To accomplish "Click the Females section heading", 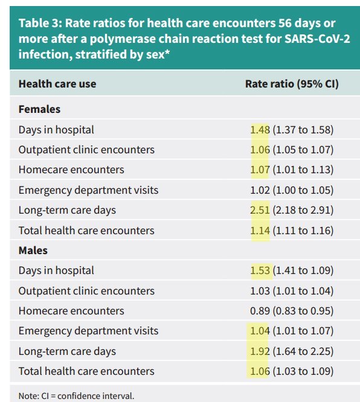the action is pyautogui.click(x=39, y=109).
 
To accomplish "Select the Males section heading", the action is pyautogui.click(x=33, y=250).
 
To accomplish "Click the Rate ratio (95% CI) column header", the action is pyautogui.click(x=292, y=84).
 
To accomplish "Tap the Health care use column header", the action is pyautogui.click(x=57, y=84).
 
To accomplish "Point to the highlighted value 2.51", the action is pyautogui.click(x=260, y=210).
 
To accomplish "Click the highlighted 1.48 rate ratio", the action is pyautogui.click(x=260, y=130).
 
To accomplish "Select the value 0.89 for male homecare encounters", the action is pyautogui.click(x=260, y=311).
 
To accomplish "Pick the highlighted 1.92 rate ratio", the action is pyautogui.click(x=260, y=351).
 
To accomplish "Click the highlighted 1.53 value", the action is pyautogui.click(x=260, y=271).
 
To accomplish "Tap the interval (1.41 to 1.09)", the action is pyautogui.click(x=303, y=271).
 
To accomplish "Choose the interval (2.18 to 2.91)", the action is pyautogui.click(x=303, y=210).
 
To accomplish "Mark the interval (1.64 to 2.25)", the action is pyautogui.click(x=303, y=351).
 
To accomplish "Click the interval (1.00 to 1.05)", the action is pyautogui.click(x=303, y=190).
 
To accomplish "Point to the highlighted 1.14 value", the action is pyautogui.click(x=260, y=231).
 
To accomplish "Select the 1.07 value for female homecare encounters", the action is pyautogui.click(x=260, y=170).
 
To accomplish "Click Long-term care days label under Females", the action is pyautogui.click(x=67, y=210).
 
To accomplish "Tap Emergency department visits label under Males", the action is pyautogui.click(x=89, y=331).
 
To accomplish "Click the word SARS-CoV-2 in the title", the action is pyautogui.click(x=317, y=39).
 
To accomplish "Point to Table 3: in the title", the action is pyautogui.click(x=40, y=23).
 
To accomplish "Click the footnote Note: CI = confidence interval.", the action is pyautogui.click(x=77, y=396).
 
